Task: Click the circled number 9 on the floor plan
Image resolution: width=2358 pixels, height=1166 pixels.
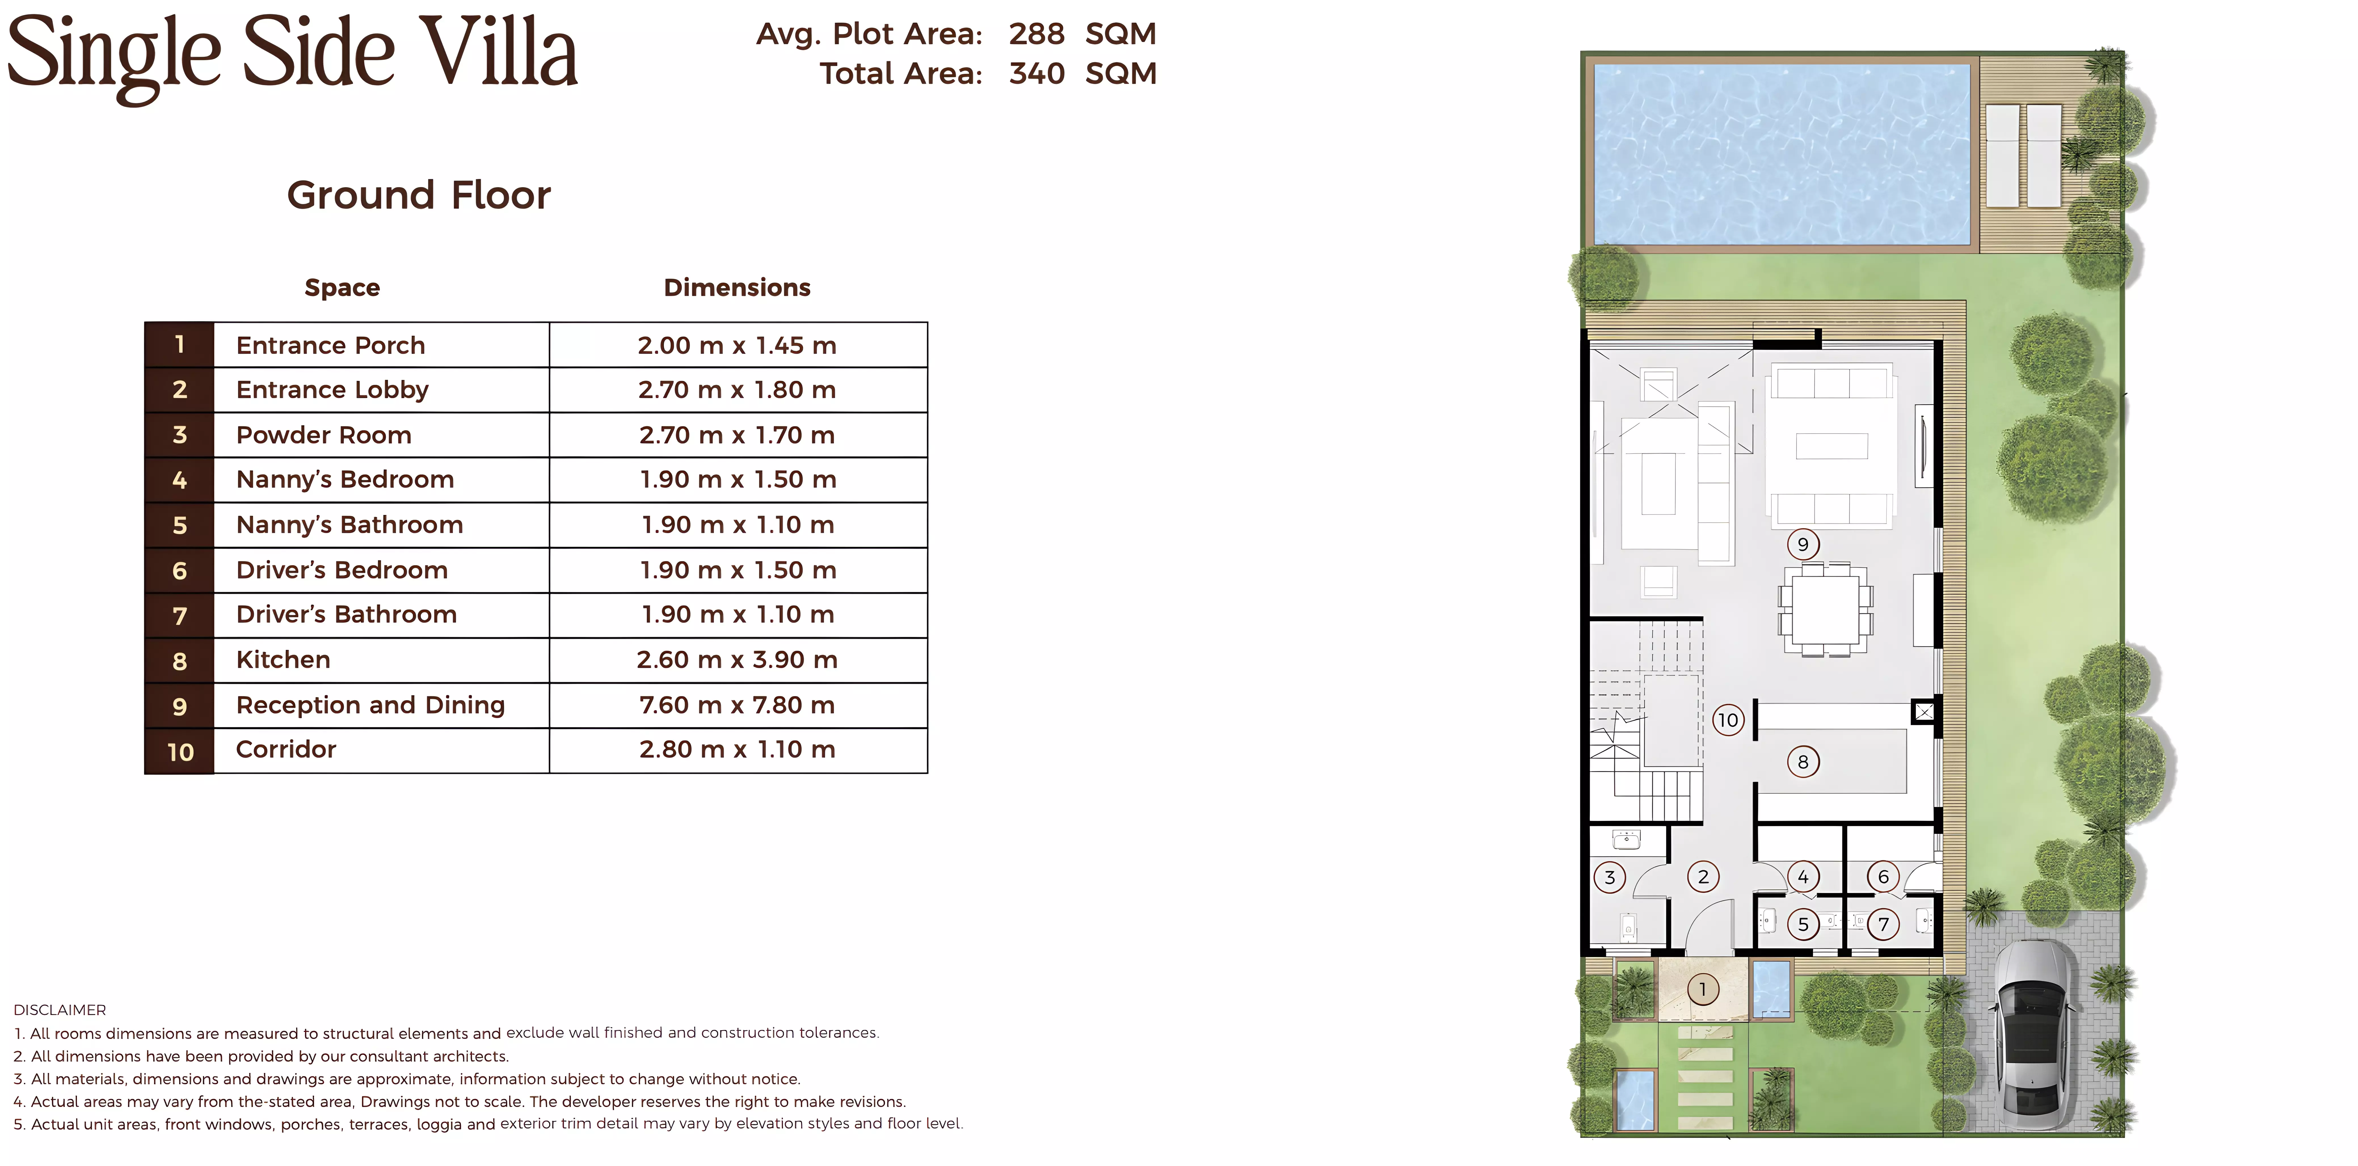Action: [x=1802, y=544]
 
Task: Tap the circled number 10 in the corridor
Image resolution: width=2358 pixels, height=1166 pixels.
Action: [x=1727, y=720]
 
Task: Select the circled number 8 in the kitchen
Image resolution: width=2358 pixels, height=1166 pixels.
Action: [x=1802, y=761]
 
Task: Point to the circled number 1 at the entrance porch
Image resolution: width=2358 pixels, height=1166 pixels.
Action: [x=1703, y=989]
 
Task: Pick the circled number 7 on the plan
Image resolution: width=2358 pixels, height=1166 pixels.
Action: [x=1883, y=924]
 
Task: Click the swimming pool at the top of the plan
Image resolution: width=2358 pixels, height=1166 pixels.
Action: [x=1781, y=154]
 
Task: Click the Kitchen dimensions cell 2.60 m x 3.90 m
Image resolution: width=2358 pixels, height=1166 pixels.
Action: [x=737, y=660]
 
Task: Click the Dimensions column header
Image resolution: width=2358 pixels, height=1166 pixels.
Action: [x=737, y=287]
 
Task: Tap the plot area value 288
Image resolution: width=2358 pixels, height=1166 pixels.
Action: [x=1036, y=34]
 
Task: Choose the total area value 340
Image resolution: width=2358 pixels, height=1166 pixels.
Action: [x=1036, y=73]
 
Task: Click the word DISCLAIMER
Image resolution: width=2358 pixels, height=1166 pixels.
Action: [x=60, y=1010]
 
